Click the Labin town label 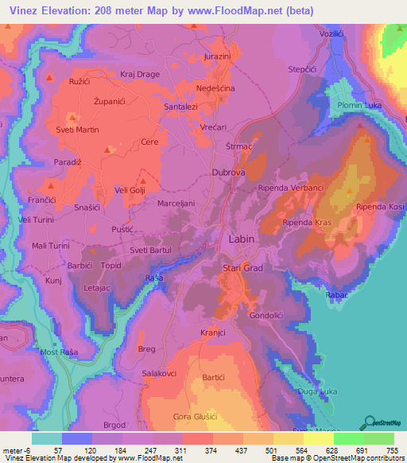pyautogui.click(x=242, y=238)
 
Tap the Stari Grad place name pyautogui.click(x=242, y=269)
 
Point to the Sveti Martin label pyautogui.click(x=76, y=130)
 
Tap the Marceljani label pyautogui.click(x=176, y=202)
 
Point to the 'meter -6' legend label pyautogui.click(x=16, y=449)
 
